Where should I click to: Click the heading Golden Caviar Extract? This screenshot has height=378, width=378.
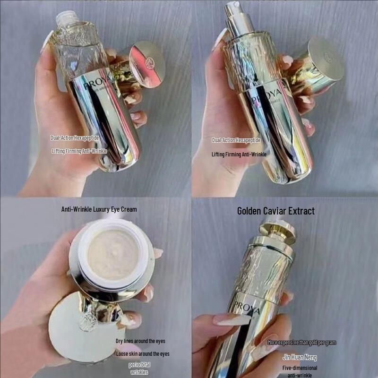coord(275,211)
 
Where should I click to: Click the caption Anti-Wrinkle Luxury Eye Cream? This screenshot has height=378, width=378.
coord(99,209)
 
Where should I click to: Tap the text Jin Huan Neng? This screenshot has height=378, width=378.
coord(300,357)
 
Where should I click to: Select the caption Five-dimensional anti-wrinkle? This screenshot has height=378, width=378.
coord(300,371)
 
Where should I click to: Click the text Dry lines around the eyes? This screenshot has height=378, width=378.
coord(140,341)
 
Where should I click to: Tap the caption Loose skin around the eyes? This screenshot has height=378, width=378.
coord(142,353)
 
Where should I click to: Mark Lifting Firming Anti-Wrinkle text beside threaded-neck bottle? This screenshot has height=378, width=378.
coord(79,151)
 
